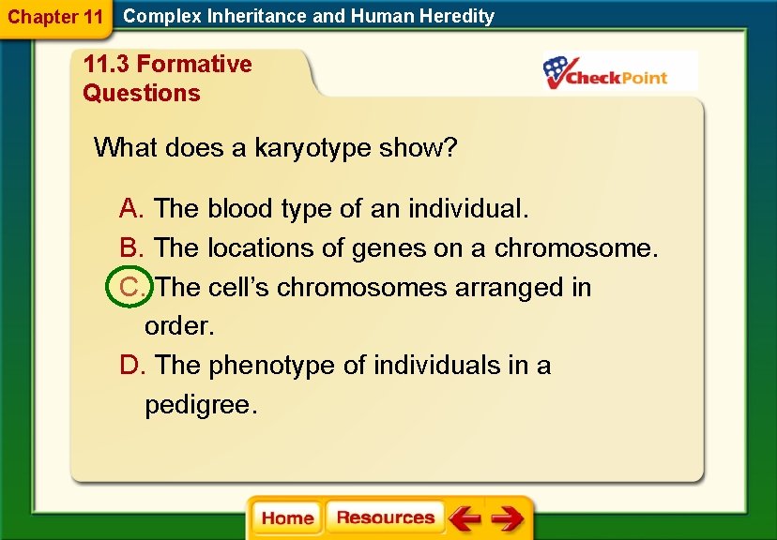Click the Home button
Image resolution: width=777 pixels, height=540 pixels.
point(286,518)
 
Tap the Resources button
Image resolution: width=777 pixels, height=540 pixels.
point(385,517)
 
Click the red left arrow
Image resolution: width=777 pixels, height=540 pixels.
point(465,518)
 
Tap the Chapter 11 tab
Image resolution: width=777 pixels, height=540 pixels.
point(54,17)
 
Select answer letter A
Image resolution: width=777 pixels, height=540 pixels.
point(129,208)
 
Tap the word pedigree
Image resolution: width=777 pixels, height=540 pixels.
point(198,405)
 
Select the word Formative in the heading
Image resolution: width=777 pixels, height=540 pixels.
point(194,65)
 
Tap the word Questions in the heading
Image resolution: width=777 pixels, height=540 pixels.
point(142,93)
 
